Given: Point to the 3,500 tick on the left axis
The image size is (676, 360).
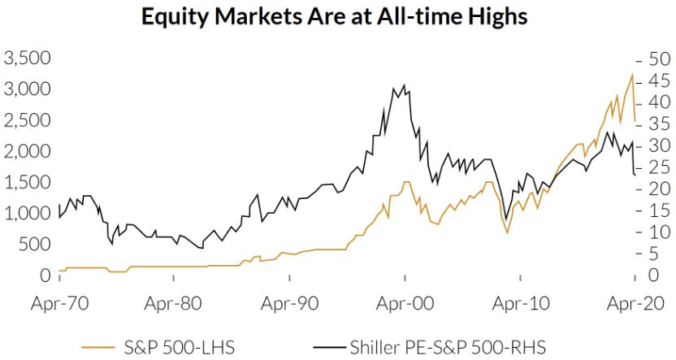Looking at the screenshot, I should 28,59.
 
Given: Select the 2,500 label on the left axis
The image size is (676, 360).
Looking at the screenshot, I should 28,120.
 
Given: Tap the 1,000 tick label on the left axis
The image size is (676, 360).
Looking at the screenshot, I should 28,213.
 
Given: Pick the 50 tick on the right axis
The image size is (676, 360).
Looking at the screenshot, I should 655,60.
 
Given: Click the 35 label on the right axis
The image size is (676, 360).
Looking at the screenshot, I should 655,124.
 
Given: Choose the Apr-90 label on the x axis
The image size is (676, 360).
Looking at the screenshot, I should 288,304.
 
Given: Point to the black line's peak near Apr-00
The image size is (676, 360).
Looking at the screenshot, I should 404,85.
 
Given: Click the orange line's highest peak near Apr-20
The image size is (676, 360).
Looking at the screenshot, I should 632,75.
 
